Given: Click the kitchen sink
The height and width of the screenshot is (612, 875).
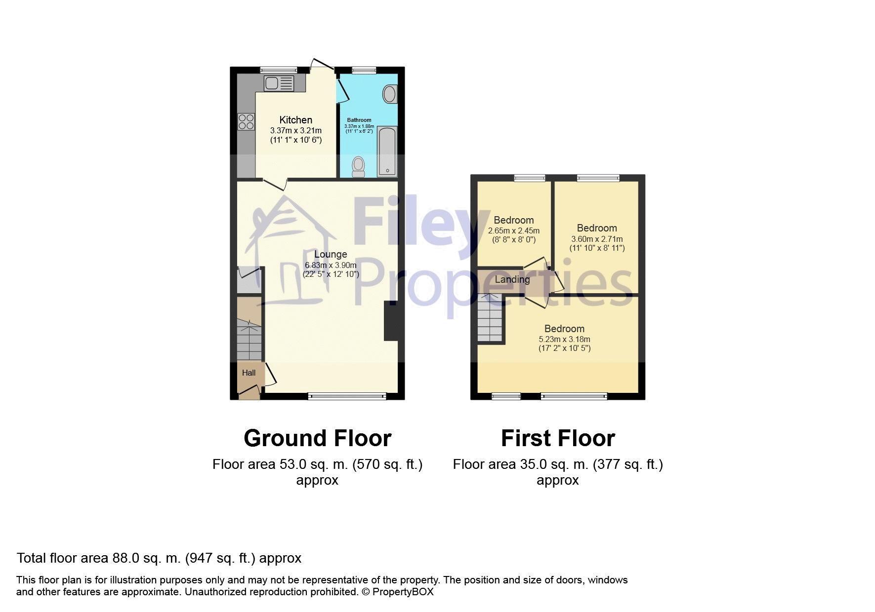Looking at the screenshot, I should coord(279,83).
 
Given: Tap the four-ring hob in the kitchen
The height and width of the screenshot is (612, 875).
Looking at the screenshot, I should coord(246,121).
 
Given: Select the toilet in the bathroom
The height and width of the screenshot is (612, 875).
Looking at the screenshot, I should coord(358,166).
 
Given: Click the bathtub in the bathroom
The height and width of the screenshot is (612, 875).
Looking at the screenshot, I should coord(387,152).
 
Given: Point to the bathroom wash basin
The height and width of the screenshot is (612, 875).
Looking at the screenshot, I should coord(390,94).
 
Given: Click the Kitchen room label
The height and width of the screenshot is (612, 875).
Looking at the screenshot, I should coord(295,120).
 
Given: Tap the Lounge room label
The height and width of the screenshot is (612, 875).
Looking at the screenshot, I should coord(331,254).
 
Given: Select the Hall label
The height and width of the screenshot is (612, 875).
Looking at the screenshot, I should coord(249,373).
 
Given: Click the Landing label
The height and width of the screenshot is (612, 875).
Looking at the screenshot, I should coord(512,279).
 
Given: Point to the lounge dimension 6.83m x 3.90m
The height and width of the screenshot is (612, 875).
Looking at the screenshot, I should coord(331,266).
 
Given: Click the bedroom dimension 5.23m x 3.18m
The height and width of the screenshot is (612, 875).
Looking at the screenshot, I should coord(564,339).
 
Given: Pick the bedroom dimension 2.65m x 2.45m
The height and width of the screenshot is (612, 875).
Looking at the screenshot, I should coord(513,230).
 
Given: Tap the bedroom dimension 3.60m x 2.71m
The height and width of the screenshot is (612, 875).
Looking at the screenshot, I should coord(597,239).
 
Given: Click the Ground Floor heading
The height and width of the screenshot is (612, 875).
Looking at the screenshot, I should coord(317,438).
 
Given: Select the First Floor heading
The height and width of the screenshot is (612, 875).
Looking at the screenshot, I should coord(558,438).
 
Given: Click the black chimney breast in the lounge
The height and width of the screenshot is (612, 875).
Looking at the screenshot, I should coord(391,321).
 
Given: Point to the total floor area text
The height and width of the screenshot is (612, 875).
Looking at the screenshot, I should coord(159,558).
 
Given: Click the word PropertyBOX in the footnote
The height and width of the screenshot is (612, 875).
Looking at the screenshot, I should coord(403,592).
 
